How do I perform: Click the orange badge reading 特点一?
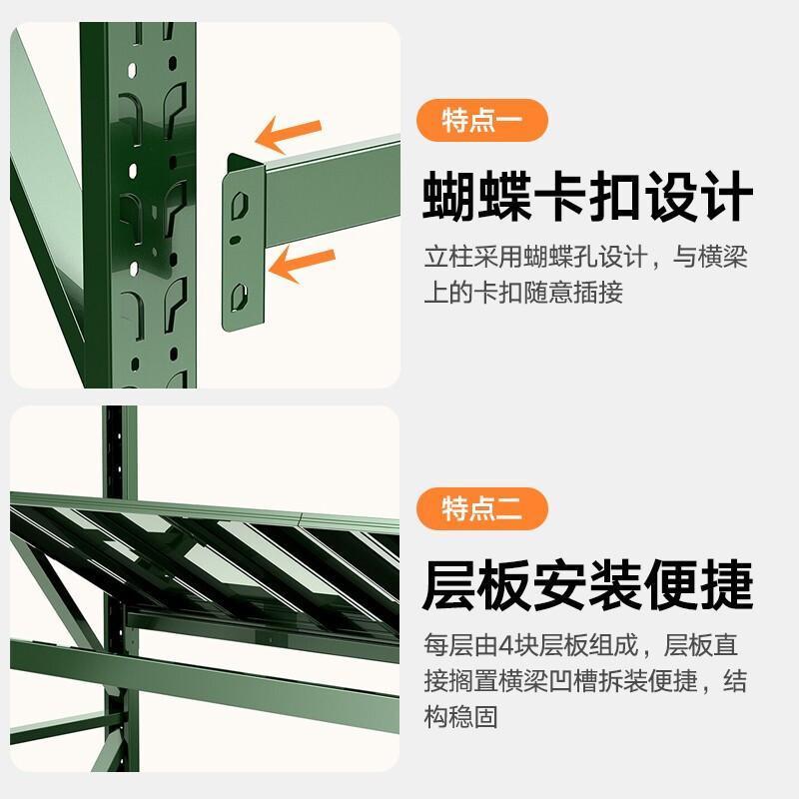[x=482, y=120]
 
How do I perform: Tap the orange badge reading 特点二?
[x=482, y=508]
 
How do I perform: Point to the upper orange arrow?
[x=288, y=134]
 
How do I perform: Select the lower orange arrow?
[x=302, y=264]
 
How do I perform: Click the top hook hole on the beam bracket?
[x=240, y=205]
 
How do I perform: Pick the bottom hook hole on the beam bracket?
[x=239, y=297]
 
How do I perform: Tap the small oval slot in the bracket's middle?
[x=235, y=239]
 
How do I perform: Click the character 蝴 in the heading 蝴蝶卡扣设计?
[x=451, y=197]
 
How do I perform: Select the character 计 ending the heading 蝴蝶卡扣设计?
[x=725, y=197]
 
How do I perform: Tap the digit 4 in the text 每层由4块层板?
[x=506, y=645]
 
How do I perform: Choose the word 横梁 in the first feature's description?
[x=722, y=257]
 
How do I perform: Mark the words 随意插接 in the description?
[x=573, y=293]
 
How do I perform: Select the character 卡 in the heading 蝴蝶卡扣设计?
[x=560, y=197]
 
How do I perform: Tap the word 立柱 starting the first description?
[x=448, y=257]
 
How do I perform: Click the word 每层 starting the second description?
[x=448, y=645]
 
